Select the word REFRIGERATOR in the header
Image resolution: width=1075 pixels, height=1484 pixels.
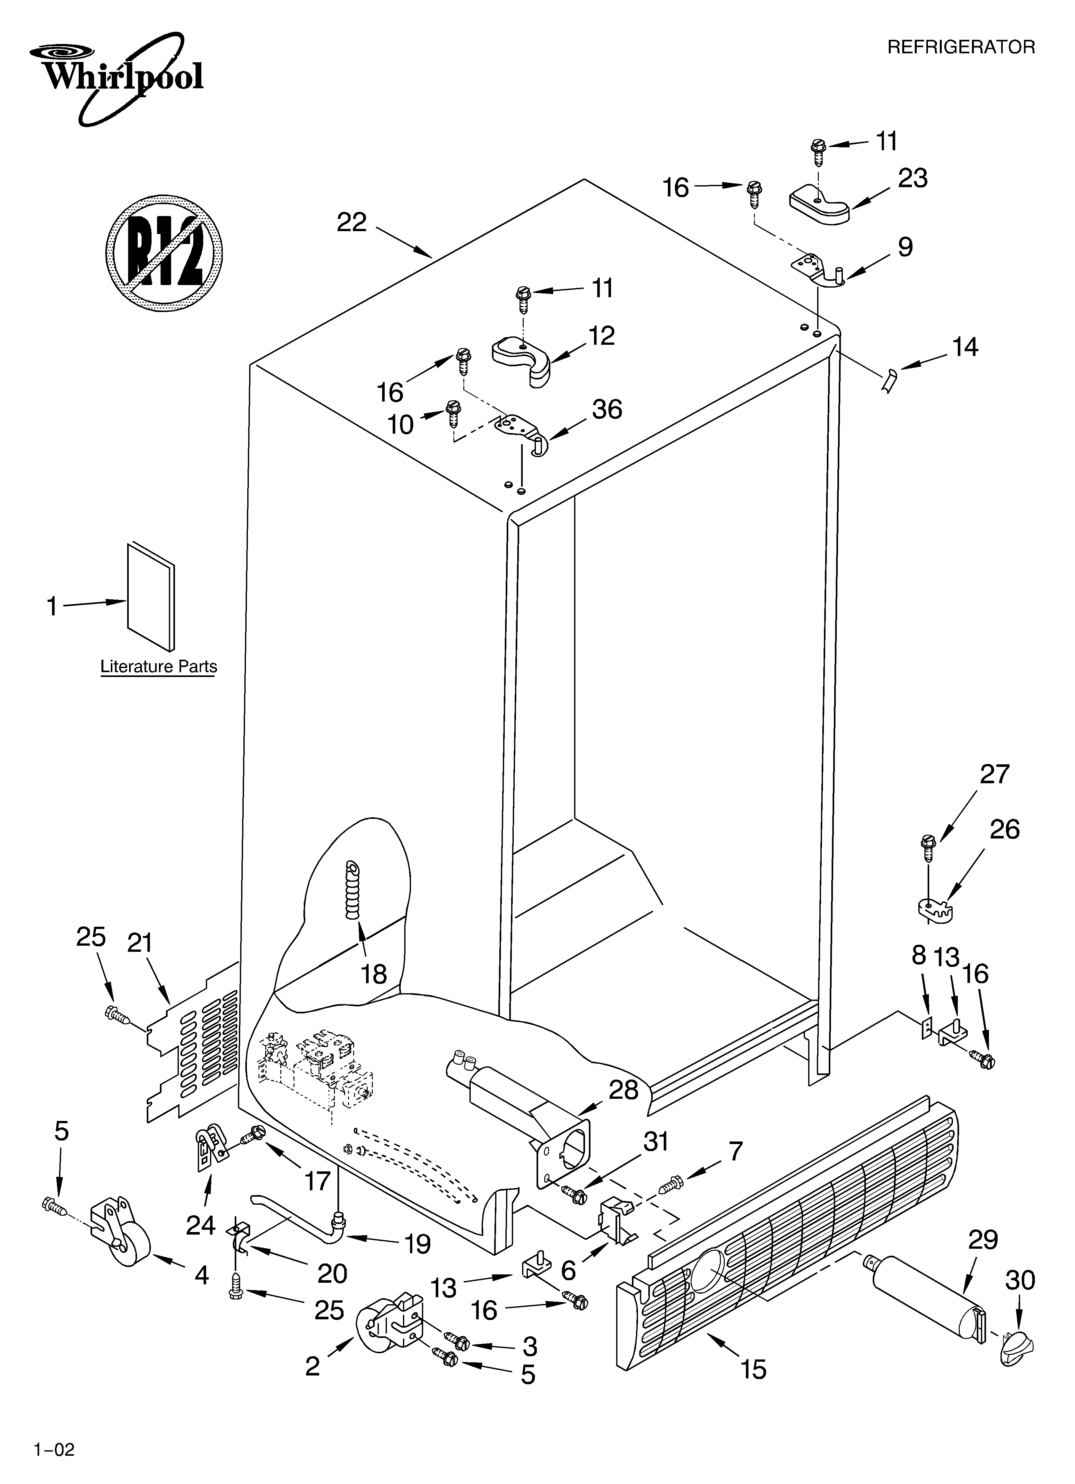pos(960,47)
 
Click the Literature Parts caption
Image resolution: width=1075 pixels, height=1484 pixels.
pos(158,667)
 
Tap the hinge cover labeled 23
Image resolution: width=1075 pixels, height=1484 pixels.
pos(818,205)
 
